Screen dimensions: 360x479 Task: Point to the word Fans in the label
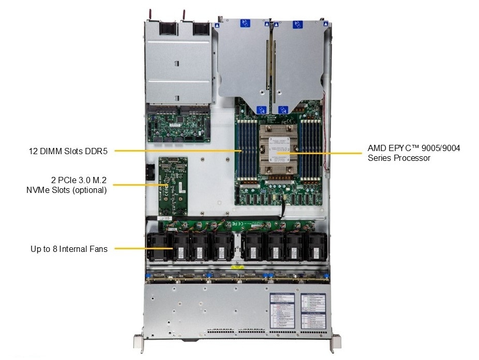point(98,249)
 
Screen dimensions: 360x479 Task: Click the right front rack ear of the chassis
point(336,342)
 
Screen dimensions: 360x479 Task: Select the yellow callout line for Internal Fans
point(142,249)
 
